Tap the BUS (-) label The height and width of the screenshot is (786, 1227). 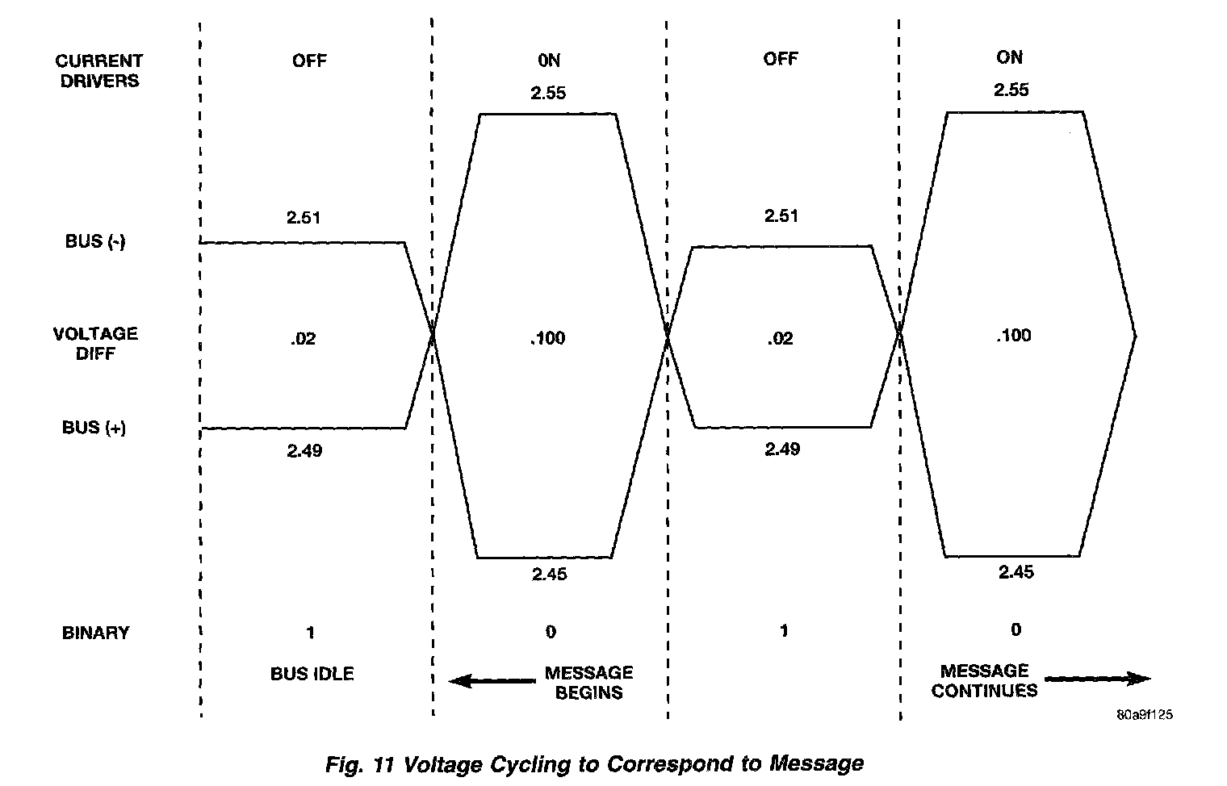pyautogui.click(x=95, y=241)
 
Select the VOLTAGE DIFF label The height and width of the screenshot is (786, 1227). pyautogui.click(x=95, y=343)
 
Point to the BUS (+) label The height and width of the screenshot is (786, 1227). pyautogui.click(x=94, y=428)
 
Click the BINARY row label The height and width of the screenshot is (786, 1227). pyautogui.click(x=95, y=633)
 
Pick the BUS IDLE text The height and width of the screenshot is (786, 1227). pyautogui.click(x=312, y=673)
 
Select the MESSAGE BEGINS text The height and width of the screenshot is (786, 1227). pyautogui.click(x=588, y=682)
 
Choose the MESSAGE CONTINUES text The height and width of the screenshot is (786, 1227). pyautogui.click(x=984, y=680)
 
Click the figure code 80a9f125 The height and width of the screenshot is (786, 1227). pyautogui.click(x=1145, y=715)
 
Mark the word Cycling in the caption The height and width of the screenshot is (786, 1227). pyautogui.click(x=528, y=763)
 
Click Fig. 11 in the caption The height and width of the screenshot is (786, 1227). pyautogui.click(x=360, y=763)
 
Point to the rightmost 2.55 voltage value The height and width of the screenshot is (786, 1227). pyautogui.click(x=1011, y=89)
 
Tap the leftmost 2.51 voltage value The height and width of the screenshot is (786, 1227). pyautogui.click(x=304, y=217)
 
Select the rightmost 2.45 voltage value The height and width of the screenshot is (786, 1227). pyautogui.click(x=1016, y=572)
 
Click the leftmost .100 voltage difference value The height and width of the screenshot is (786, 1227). pyautogui.click(x=547, y=338)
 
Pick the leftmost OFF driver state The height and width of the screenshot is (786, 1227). pyautogui.click(x=309, y=61)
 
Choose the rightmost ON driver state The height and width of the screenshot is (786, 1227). pyautogui.click(x=1009, y=57)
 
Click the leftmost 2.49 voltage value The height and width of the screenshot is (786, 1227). pyautogui.click(x=304, y=450)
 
